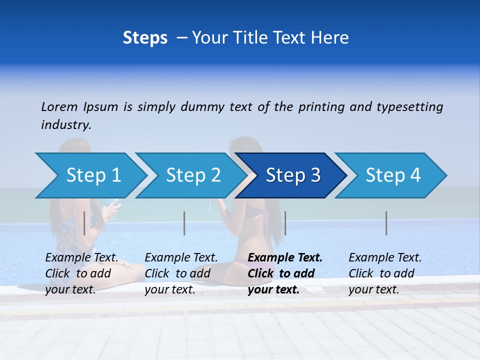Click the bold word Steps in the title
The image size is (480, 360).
[x=145, y=38]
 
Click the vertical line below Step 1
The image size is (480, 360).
[x=84, y=223]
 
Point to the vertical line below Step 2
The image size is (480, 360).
[x=184, y=223]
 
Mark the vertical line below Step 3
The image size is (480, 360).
[x=285, y=223]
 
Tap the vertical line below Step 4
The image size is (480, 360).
[x=386, y=223]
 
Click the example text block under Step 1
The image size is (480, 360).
[x=81, y=273]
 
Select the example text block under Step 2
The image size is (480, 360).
[x=181, y=273]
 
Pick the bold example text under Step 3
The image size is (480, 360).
[x=285, y=273]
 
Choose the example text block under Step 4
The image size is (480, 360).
[x=385, y=273]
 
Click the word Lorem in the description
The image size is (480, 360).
[x=59, y=107]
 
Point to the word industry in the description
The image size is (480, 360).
[x=66, y=125]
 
